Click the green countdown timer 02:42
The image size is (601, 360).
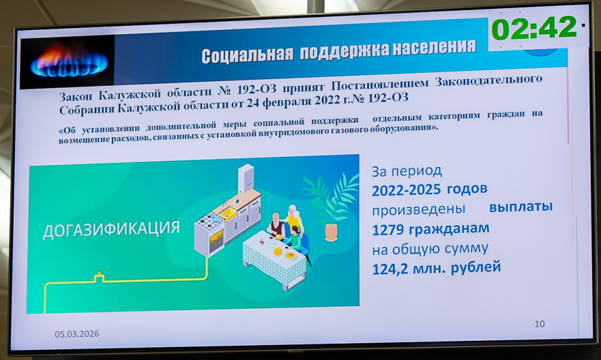click(x=534, y=28)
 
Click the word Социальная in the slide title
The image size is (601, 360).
click(x=247, y=55)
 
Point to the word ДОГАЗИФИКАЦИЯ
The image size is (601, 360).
click(x=111, y=230)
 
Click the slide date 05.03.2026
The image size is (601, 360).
click(x=77, y=334)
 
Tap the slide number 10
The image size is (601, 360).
click(x=540, y=324)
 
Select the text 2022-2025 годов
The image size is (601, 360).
click(x=430, y=189)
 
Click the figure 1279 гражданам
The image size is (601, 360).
click(x=431, y=229)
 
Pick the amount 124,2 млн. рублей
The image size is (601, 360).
click(x=436, y=267)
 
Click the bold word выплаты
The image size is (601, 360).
click(x=521, y=207)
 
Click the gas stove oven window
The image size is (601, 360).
click(x=216, y=242)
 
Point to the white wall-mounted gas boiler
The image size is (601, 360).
click(x=246, y=177)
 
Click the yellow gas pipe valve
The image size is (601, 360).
click(x=99, y=276)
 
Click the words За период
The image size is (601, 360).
click(x=407, y=171)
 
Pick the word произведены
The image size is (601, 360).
click(x=418, y=210)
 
